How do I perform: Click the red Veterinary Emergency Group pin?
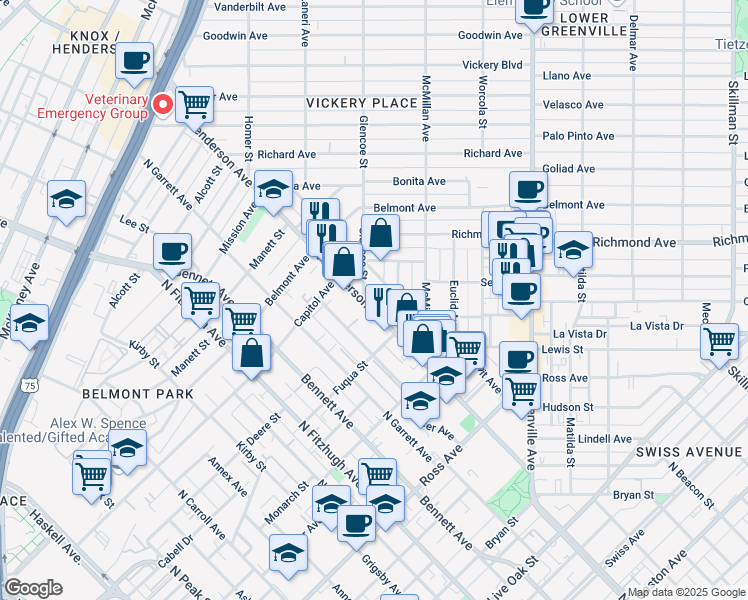click(x=162, y=104)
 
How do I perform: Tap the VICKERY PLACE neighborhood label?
click(x=361, y=103)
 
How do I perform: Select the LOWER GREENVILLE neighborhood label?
click(x=599, y=18)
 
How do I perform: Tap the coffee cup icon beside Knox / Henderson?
click(x=134, y=60)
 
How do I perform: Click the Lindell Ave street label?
click(x=604, y=439)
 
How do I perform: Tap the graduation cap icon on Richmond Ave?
click(x=573, y=248)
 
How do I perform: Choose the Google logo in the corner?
click(x=33, y=588)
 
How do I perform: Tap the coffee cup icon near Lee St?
click(x=173, y=251)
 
